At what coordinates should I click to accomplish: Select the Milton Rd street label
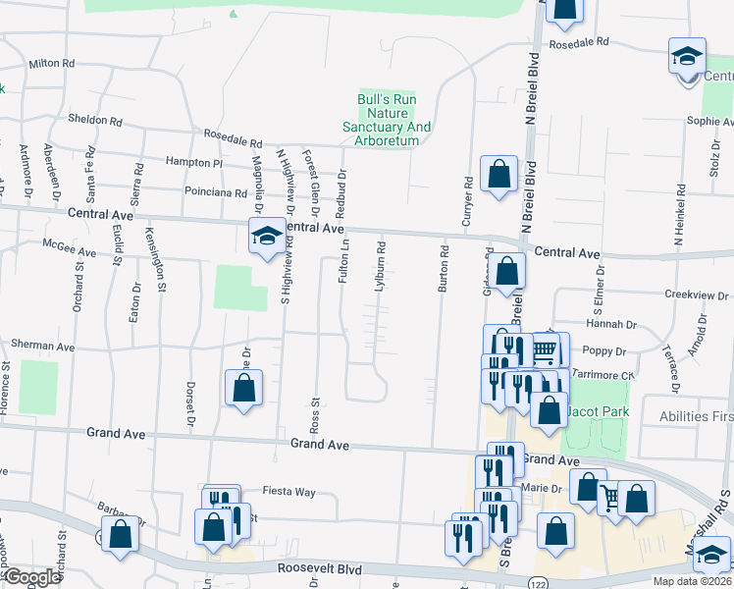tap(52, 63)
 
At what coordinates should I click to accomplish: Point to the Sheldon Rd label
tap(95, 122)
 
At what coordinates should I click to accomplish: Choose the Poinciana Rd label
tap(212, 192)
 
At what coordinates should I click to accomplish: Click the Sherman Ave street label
tap(42, 346)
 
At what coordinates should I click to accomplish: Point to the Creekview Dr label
tap(697, 294)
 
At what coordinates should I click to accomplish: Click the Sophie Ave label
tap(710, 122)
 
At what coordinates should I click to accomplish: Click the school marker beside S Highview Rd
tap(266, 236)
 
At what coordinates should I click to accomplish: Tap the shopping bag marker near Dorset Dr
tap(244, 387)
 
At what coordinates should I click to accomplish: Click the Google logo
tap(32, 577)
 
